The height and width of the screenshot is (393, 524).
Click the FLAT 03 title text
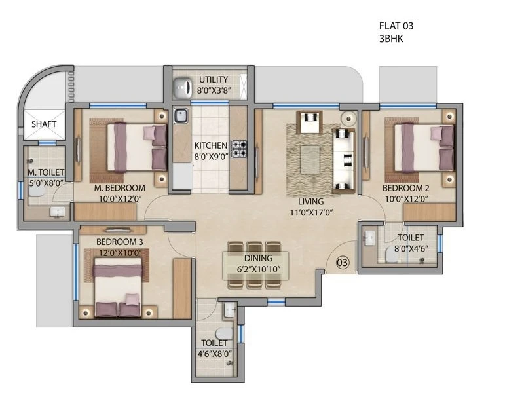[396, 26]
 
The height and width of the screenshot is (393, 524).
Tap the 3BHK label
[391, 39]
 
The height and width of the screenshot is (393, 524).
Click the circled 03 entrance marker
[342, 263]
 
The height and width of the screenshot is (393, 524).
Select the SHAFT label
[44, 124]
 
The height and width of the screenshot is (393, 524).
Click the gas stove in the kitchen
[240, 149]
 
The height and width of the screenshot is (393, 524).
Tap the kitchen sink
[181, 116]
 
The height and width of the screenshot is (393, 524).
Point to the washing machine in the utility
[183, 87]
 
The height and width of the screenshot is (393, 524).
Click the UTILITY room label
[214, 79]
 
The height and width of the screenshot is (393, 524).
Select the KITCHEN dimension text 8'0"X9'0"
[211, 156]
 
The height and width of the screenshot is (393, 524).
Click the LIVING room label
[310, 202]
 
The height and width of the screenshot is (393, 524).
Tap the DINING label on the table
[258, 258]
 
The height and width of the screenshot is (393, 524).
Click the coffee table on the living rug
[310, 160]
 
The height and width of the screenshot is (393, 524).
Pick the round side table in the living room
[348, 119]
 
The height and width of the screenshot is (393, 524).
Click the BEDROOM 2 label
[405, 188]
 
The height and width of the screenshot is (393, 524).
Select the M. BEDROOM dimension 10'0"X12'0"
[121, 199]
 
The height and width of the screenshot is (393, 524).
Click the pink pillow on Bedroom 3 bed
[132, 299]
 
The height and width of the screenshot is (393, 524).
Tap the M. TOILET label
[46, 172]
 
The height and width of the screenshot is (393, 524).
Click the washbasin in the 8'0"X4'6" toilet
[369, 238]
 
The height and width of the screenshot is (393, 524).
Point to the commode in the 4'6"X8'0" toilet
[224, 333]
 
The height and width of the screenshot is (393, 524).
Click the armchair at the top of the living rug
[309, 122]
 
